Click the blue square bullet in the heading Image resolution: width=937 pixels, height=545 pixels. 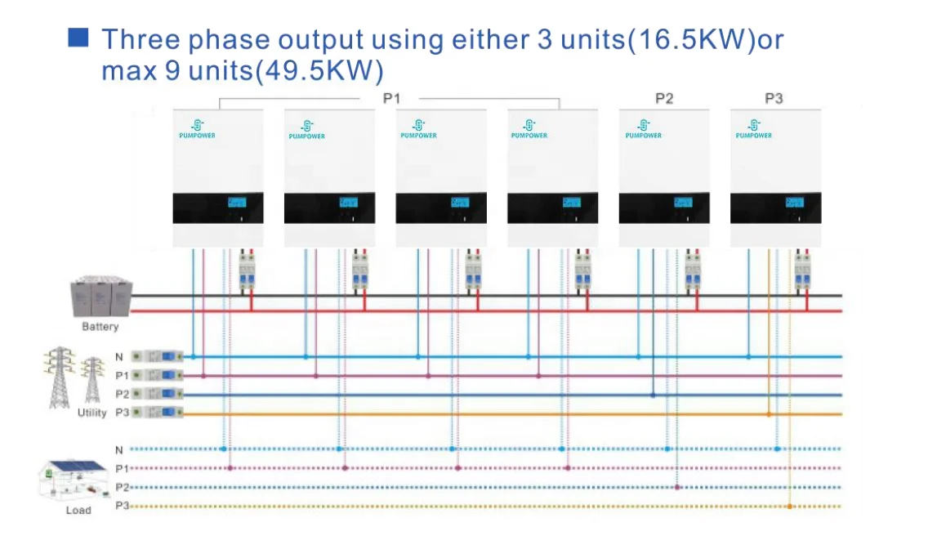(x=78, y=38)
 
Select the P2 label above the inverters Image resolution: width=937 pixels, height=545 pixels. (x=664, y=99)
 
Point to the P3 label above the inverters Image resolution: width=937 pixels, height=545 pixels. (x=774, y=99)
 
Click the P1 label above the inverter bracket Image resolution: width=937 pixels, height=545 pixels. (x=392, y=99)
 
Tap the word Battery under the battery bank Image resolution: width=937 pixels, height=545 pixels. (x=100, y=327)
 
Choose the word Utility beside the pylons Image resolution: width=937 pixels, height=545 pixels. (x=91, y=413)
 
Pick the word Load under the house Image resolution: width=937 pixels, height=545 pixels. (x=78, y=511)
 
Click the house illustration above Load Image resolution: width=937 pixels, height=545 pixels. (x=76, y=480)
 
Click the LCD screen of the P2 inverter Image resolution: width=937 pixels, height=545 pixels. (x=683, y=203)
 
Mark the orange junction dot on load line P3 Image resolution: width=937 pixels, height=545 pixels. (x=789, y=507)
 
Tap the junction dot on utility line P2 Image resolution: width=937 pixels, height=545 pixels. (x=653, y=395)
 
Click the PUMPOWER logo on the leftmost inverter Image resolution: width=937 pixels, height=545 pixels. (x=197, y=129)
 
